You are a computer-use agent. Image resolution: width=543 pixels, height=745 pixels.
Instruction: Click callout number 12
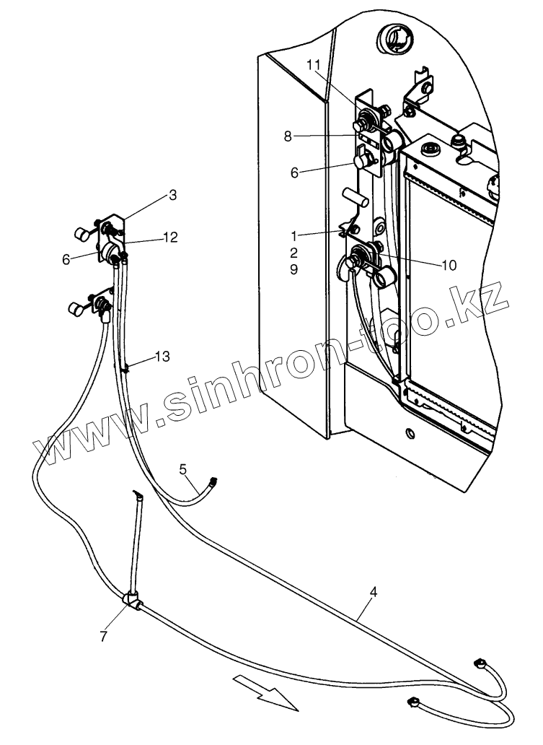coord(171,237)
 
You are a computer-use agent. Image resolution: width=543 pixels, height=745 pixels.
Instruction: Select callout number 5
coord(183,470)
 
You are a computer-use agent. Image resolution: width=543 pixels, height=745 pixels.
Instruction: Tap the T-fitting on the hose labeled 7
coord(132,598)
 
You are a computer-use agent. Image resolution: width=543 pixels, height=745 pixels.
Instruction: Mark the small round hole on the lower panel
coord(410,433)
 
